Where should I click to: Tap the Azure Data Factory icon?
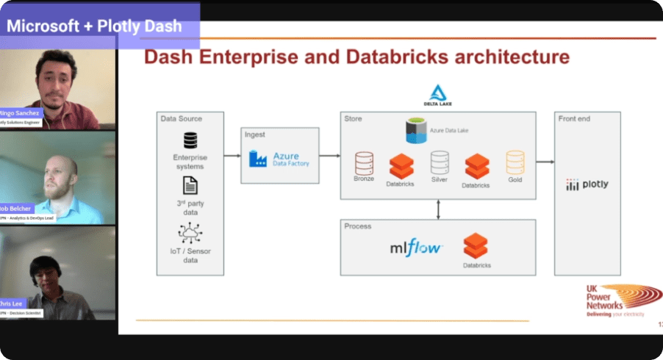[257, 158]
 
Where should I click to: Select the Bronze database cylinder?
[364, 163]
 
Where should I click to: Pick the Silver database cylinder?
[440, 162]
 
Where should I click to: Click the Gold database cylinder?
[515, 162]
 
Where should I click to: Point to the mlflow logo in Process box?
[416, 247]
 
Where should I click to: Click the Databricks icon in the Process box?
[476, 245]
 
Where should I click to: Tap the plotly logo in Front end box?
[587, 184]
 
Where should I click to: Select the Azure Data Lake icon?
[417, 131]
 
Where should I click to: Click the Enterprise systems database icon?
[190, 140]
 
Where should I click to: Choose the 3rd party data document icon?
[190, 185]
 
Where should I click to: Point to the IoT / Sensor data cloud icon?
[190, 233]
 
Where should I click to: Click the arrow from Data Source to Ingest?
[232, 156]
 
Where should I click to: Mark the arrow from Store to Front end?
[545, 162]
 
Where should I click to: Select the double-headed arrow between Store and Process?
[438, 209]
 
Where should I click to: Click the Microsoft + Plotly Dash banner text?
[95, 25]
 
